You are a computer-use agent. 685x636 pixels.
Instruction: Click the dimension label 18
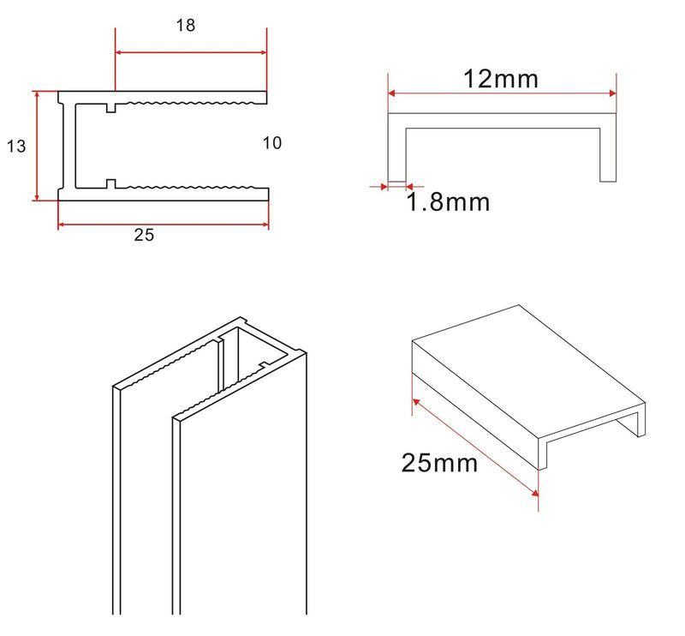186,26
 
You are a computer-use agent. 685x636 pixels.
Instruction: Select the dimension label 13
16,147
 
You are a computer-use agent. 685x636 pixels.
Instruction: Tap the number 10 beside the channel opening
271,143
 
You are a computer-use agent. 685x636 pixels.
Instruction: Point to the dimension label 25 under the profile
144,236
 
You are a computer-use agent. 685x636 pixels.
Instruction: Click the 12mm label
501,79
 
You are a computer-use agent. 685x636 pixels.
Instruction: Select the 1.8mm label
448,203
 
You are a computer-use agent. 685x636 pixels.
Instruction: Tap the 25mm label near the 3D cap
439,463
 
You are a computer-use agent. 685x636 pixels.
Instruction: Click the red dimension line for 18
190,52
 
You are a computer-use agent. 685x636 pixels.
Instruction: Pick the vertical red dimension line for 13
37,146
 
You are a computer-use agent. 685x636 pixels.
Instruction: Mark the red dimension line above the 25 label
163,225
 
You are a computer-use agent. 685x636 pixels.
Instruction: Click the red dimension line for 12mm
502,95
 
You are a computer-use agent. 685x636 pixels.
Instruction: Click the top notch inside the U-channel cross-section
111,108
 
